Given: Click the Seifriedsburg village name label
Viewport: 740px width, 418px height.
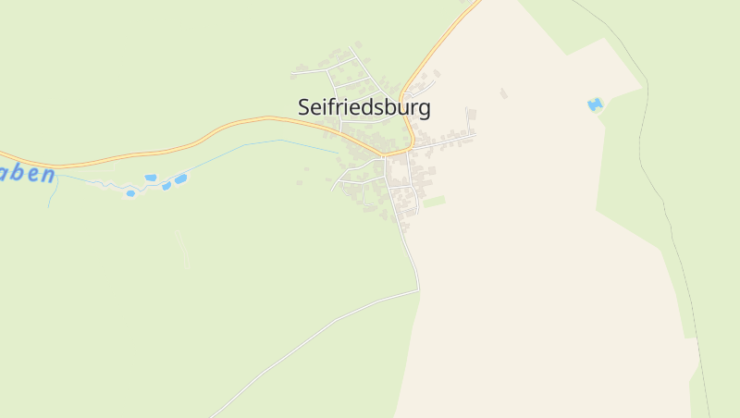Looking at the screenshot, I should [x=364, y=107].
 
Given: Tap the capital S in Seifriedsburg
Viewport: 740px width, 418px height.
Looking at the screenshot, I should [x=304, y=107].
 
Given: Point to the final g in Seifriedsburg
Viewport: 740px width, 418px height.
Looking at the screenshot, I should [x=425, y=110].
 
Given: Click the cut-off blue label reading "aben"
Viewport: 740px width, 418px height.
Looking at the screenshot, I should [x=27, y=174].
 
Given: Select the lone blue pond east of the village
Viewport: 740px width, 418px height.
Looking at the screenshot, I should [x=595, y=104].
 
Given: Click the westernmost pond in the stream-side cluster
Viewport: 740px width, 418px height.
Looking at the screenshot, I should [x=130, y=193].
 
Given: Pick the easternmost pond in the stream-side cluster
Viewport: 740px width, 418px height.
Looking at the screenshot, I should [x=180, y=178].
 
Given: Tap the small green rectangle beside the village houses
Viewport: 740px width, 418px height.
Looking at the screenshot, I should [x=434, y=201].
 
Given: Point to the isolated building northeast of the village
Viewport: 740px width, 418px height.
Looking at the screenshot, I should [x=503, y=93].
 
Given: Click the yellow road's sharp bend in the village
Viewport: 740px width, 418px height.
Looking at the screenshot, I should [x=410, y=147].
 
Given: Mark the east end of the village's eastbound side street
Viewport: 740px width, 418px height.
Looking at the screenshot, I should [x=475, y=135].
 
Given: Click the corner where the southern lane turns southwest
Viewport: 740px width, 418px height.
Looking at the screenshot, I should [x=418, y=290].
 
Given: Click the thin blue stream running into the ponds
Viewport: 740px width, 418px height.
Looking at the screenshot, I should [x=259, y=143].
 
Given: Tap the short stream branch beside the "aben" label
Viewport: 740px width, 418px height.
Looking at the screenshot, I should [x=53, y=192].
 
